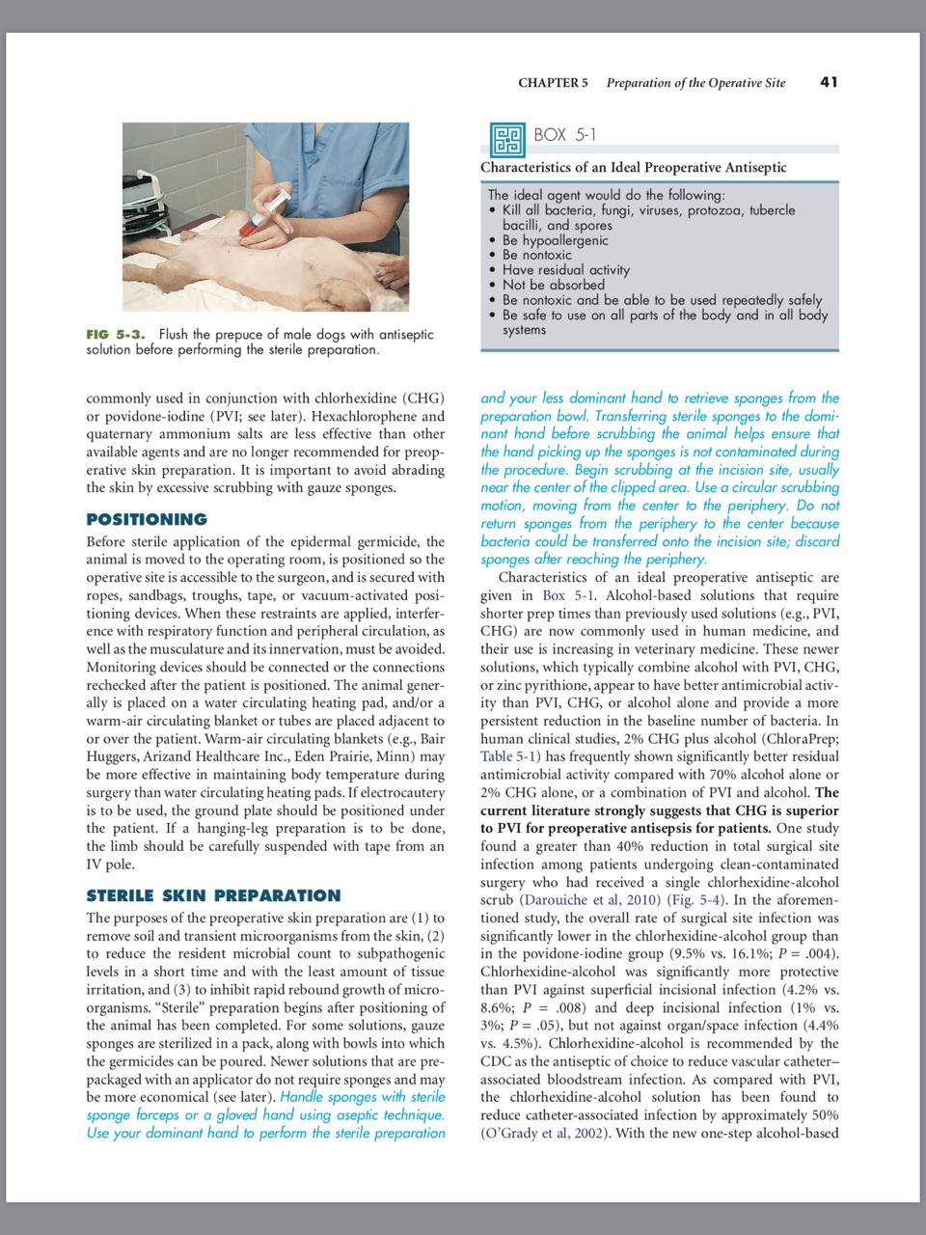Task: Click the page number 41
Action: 828,82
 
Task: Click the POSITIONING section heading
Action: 147,520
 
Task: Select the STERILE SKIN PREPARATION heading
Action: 213,895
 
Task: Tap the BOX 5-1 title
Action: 565,135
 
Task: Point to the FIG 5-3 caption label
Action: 116,334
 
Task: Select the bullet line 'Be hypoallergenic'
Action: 555,240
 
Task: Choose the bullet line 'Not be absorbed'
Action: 553,285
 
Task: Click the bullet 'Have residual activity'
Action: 565,270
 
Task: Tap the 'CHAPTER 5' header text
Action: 553,83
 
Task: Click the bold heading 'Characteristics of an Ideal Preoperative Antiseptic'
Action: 633,168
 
